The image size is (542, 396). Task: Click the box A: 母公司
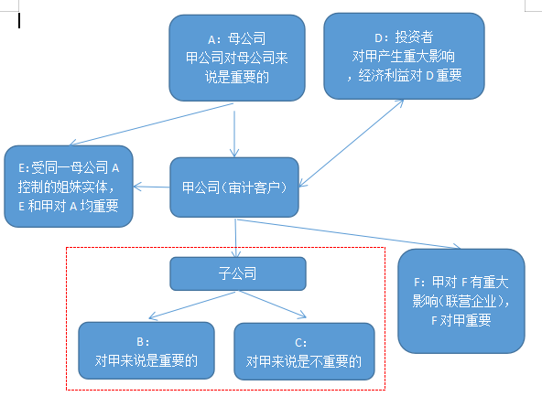click(x=237, y=58)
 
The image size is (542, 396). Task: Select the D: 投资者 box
click(x=404, y=56)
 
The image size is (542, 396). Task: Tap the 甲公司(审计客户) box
click(x=234, y=187)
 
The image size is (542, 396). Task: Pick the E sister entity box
click(x=69, y=187)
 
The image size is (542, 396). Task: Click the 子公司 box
click(x=238, y=273)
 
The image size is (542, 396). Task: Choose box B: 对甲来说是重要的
click(x=146, y=351)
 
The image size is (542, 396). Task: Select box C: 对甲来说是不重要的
click(x=304, y=351)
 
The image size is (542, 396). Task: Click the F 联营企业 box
click(x=461, y=301)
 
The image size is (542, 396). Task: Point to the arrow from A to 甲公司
click(x=234, y=134)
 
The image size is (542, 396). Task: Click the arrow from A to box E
click(x=151, y=124)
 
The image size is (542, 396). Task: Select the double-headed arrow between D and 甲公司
click(x=352, y=144)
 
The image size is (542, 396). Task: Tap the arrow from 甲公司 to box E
click(x=151, y=187)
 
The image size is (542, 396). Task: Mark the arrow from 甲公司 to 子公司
click(x=235, y=238)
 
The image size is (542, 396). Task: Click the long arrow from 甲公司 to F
click(x=349, y=234)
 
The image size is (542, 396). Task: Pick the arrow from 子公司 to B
click(x=192, y=305)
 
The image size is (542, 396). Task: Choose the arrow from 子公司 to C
click(x=273, y=305)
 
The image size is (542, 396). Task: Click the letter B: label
click(x=143, y=342)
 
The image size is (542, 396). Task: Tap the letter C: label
click(x=300, y=342)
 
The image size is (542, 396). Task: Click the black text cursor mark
click(x=19, y=20)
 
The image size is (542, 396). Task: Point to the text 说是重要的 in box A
click(x=237, y=77)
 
